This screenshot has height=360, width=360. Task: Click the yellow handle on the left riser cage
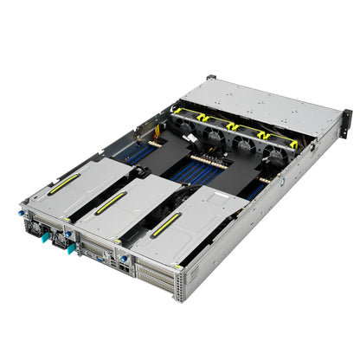pyautogui.click(x=65, y=184)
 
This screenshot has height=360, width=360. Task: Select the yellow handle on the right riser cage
pyautogui.click(x=166, y=224)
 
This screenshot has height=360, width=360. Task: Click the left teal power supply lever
pyautogui.click(x=40, y=231)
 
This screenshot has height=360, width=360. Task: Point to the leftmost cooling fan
pyautogui.click(x=186, y=122)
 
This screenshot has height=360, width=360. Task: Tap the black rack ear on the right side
pyautogui.click(x=344, y=122)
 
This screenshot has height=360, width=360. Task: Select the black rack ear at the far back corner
pyautogui.click(x=209, y=78)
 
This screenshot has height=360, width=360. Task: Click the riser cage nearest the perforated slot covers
pyautogui.click(x=186, y=229)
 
